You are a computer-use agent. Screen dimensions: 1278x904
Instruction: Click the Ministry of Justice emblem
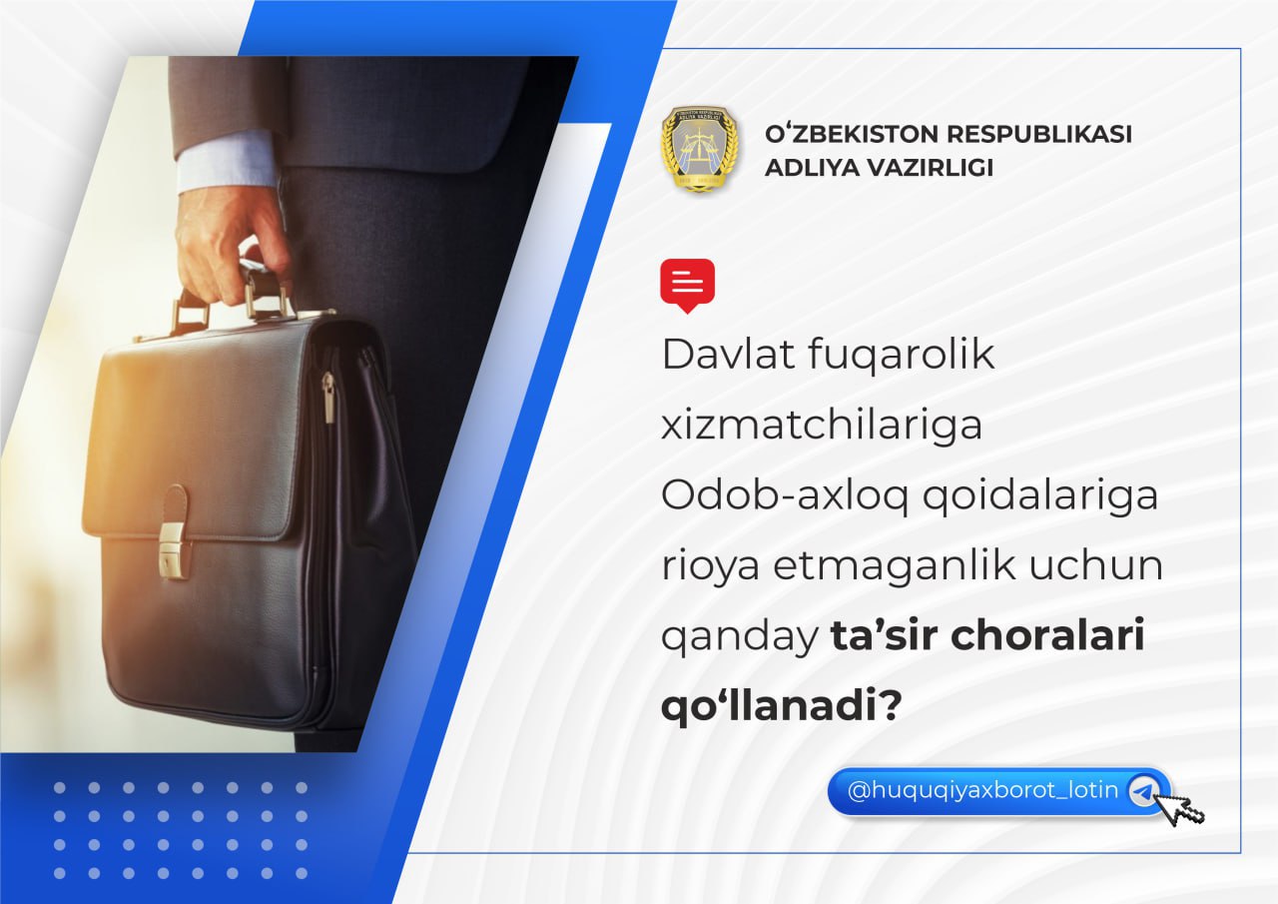tap(700, 149)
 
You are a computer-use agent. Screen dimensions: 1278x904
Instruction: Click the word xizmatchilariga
tap(822, 426)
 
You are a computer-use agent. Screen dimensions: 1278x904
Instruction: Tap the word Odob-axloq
tap(785, 495)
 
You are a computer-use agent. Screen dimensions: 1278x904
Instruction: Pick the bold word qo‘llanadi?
tap(782, 705)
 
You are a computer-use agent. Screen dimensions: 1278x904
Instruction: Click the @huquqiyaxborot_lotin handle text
tap(982, 790)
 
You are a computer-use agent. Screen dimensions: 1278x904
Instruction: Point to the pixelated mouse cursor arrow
tap(1183, 808)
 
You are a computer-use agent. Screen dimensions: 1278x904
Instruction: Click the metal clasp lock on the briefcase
tap(173, 549)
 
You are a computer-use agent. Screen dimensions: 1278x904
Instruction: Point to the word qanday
tap(740, 637)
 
